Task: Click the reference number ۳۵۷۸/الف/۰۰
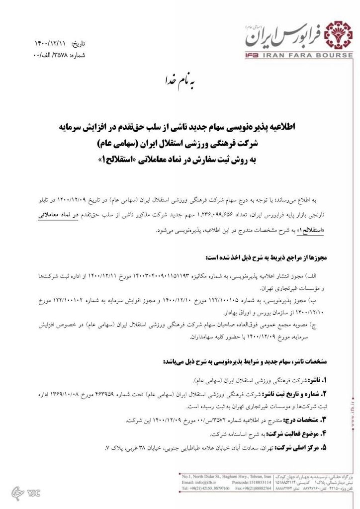pos(50,55)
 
